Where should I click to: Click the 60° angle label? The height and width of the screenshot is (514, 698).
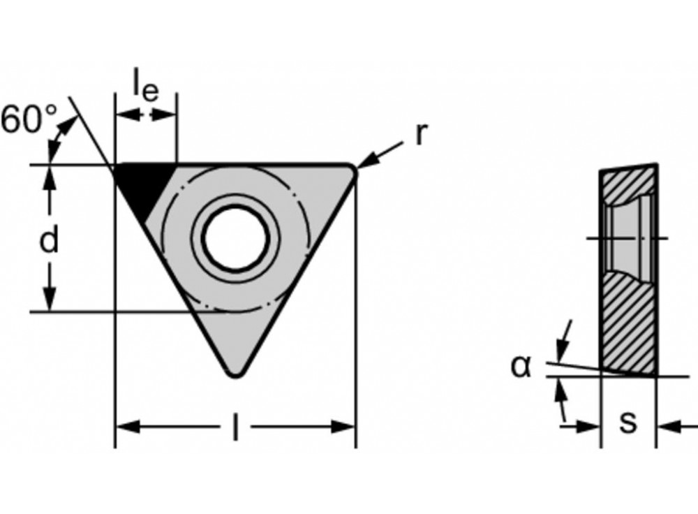[x=29, y=119]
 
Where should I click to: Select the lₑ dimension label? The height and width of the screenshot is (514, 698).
[x=146, y=87]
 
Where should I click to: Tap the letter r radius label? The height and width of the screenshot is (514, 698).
[x=420, y=135]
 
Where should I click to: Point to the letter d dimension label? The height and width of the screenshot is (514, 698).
[x=48, y=241]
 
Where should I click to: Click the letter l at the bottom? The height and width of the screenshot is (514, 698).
[x=235, y=427]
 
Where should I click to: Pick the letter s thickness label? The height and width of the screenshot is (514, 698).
[x=628, y=422]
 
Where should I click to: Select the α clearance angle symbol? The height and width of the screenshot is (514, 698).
[x=520, y=365]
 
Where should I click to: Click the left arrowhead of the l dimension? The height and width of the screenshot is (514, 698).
[x=126, y=427]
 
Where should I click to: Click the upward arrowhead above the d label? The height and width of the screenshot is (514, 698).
[x=49, y=177]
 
